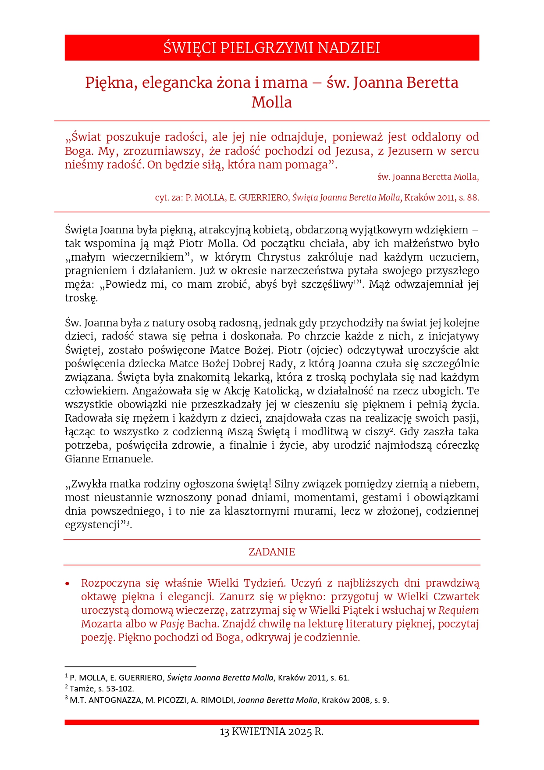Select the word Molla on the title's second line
271,102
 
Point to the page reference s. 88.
469,197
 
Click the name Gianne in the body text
82,459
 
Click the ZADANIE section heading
272,552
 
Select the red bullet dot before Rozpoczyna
68,584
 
